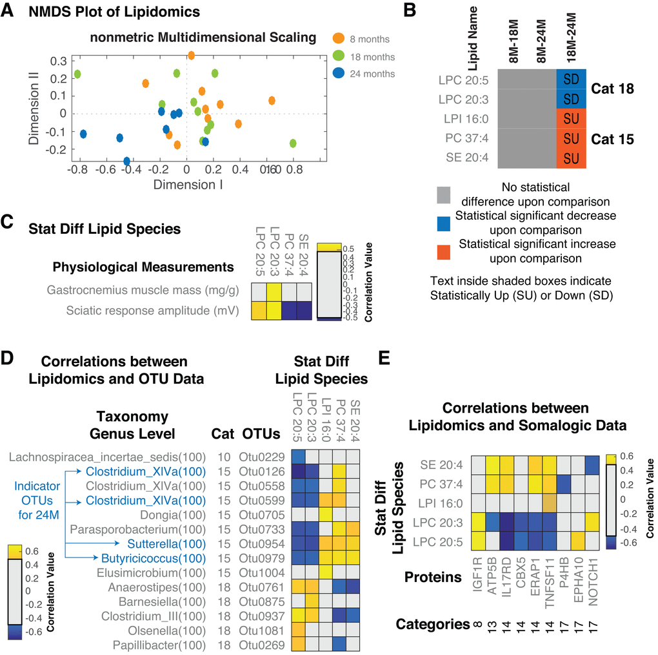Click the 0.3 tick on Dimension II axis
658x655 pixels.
pyautogui.click(x=59, y=61)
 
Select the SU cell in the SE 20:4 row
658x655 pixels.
pyautogui.click(x=571, y=158)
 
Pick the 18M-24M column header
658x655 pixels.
pyautogui.click(x=572, y=42)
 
